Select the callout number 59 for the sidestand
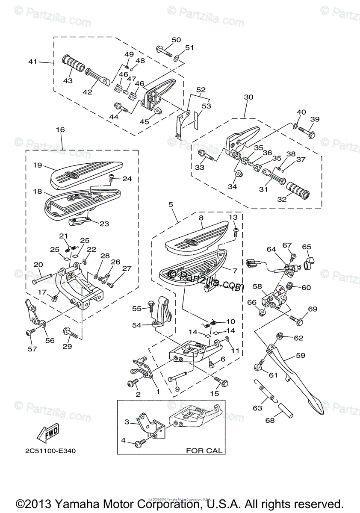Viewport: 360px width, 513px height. [301, 356]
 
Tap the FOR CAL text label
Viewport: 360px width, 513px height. [204, 450]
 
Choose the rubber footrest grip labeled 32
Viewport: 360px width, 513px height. [298, 190]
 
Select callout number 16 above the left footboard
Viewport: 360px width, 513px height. [60, 129]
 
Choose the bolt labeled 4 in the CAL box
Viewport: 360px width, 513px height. [140, 445]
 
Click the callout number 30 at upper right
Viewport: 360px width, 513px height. [248, 97]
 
